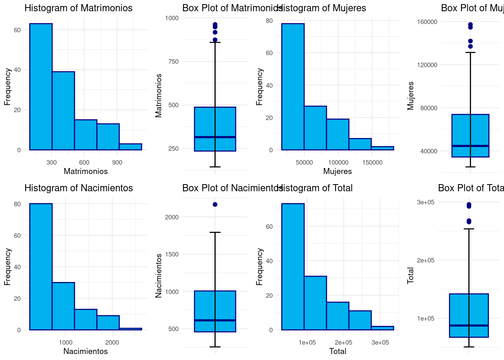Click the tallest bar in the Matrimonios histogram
[41, 87]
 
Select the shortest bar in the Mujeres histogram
[382, 148]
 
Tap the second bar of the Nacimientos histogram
[63, 306]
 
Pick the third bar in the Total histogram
[337, 316]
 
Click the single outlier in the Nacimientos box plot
[215, 204]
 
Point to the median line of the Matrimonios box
[215, 137]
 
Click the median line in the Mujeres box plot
[470, 145]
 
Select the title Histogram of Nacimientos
[78, 188]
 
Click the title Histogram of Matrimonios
[78, 8]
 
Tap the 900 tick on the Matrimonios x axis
[117, 162]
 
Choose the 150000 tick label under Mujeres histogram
[372, 162]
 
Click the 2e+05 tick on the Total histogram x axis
[343, 342]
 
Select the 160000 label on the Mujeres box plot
[427, 22]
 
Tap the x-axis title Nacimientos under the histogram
[85, 351]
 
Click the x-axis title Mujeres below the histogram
[337, 171]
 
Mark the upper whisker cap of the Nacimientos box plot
[215, 232]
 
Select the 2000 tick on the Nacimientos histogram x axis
[112, 342]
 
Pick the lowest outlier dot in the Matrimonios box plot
[215, 40]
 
